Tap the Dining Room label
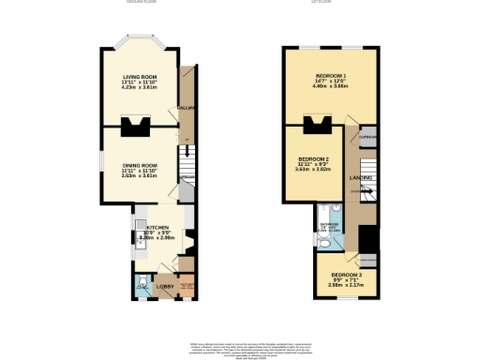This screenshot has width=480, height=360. click(x=139, y=165)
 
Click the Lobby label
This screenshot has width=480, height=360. click(x=157, y=285)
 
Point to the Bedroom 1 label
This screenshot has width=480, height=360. click(x=331, y=74)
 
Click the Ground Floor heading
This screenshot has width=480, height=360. click(x=141, y=3)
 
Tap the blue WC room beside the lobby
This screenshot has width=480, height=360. click(x=141, y=282)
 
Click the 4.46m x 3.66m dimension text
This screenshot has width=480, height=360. click(x=331, y=85)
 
